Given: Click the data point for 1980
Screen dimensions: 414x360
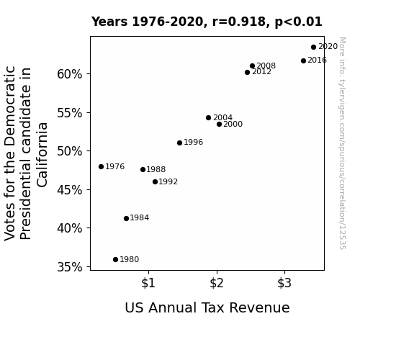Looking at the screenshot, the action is point(115,260).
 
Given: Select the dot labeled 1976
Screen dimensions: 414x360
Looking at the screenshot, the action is point(101,166).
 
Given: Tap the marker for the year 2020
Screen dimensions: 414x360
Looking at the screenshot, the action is point(313,48).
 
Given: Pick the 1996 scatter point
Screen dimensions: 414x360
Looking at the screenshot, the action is point(179,143).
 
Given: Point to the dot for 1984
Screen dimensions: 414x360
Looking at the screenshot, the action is point(126,218).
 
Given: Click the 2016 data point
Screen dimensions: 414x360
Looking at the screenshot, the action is point(303,60).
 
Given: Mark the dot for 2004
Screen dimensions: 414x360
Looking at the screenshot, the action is point(208,118).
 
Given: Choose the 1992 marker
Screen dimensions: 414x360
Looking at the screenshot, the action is point(155,181).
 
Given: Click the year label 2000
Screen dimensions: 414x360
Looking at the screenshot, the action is point(233,124).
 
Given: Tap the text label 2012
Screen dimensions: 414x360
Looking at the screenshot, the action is point(261,72).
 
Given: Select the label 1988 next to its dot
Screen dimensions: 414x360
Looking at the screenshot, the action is point(156,170).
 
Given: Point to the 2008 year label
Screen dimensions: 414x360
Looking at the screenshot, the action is point(266,66).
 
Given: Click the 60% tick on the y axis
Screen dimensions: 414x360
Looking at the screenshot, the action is point(70,74).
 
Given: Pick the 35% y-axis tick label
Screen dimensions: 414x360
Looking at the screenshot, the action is point(70,267).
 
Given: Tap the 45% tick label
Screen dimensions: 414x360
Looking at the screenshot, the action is point(70,190).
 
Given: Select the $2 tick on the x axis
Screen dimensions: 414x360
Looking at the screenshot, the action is point(217,283).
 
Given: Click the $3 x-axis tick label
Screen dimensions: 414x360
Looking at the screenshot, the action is point(284,283).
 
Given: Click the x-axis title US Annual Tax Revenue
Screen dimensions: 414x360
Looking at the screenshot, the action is point(207,307).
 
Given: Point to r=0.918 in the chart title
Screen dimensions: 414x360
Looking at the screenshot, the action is point(238,22).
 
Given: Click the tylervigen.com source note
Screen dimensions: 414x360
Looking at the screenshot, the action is point(342,143).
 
